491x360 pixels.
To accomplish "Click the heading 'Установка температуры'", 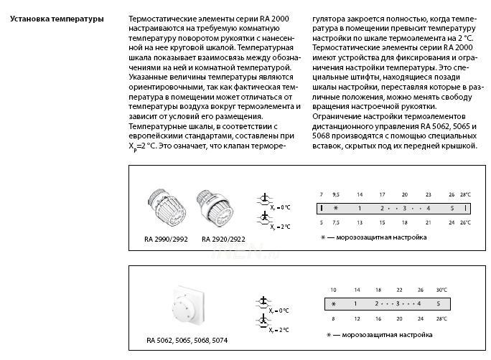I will tap(57, 18).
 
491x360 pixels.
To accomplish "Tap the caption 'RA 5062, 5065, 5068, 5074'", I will tap(187, 340).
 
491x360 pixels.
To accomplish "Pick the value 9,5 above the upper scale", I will tap(335, 194).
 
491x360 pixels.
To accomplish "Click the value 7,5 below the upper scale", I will tap(335, 222).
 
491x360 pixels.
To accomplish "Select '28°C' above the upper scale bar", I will tap(465, 194).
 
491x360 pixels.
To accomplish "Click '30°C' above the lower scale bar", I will tap(441, 290).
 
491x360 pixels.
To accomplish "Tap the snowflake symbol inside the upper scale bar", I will tap(335, 208).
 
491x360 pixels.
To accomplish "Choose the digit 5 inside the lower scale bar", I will tap(438, 303).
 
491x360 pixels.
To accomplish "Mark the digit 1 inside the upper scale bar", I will tap(359, 208).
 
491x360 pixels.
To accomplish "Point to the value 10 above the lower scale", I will tap(333, 290).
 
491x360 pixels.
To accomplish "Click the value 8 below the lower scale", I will tap(333, 317).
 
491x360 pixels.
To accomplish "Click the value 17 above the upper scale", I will tap(382, 194).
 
